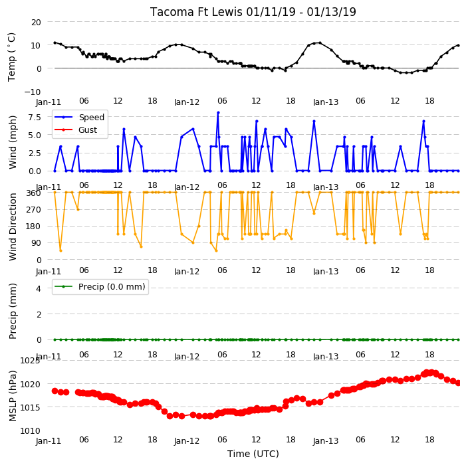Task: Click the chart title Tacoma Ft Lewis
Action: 196,12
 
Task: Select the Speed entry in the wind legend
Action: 91,117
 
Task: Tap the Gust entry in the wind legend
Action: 88,130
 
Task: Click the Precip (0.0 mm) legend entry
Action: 112,286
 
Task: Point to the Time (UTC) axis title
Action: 253,454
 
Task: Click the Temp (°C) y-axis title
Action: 11,57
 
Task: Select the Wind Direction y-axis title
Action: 12,227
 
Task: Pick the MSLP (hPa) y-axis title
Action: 12,396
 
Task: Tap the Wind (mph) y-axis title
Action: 12,143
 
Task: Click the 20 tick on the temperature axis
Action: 36,23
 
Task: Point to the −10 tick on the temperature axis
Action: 32,92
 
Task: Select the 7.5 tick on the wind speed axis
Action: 35,117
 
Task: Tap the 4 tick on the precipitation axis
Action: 39,288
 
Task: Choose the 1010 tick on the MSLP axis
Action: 30,430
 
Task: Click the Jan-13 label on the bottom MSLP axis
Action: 326,441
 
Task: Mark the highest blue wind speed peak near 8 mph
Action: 218,113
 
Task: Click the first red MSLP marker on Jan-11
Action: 55,391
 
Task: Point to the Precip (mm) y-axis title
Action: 12,311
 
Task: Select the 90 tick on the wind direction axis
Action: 36,243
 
